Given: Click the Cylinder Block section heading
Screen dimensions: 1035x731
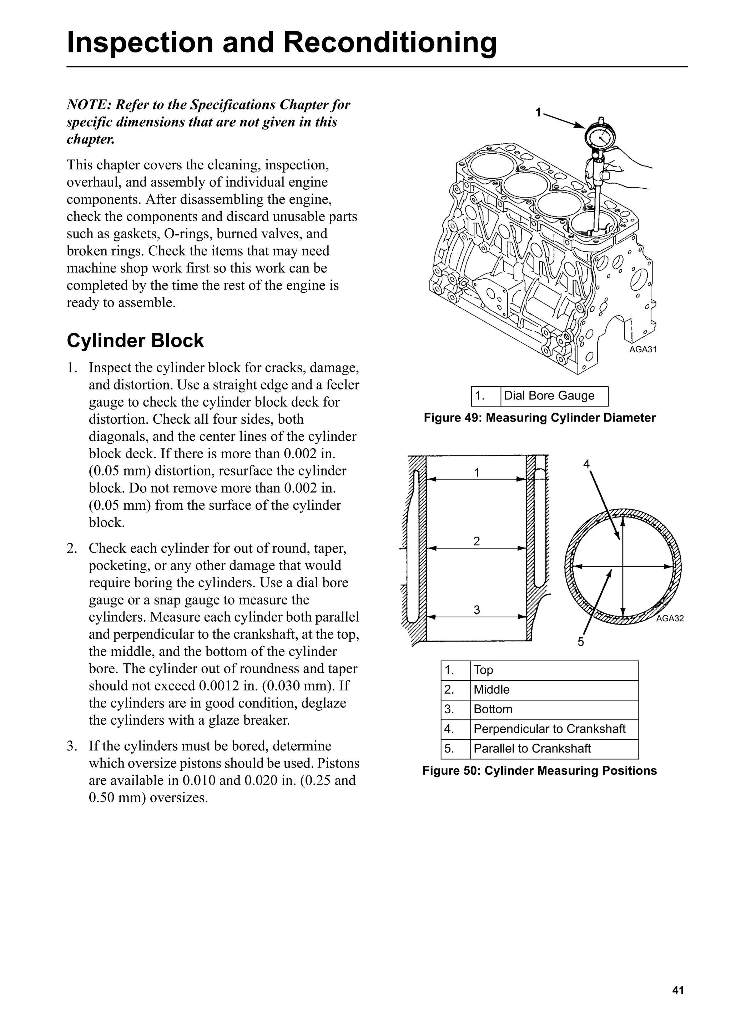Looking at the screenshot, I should coord(135,341).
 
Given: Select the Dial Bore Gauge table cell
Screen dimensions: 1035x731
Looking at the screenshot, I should coord(554,396).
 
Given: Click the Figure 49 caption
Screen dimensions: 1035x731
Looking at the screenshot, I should coord(539,418).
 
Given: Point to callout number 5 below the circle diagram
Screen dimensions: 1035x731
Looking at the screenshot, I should coord(581,642).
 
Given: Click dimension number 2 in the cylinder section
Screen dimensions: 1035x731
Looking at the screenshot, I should coord(477,541).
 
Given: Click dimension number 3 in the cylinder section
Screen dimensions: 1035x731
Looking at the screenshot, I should coord(477,610).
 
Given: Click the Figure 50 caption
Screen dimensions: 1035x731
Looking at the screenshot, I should coord(539,771).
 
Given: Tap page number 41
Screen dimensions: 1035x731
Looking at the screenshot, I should coord(678,990).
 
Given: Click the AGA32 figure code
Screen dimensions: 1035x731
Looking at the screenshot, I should coord(670,618).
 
